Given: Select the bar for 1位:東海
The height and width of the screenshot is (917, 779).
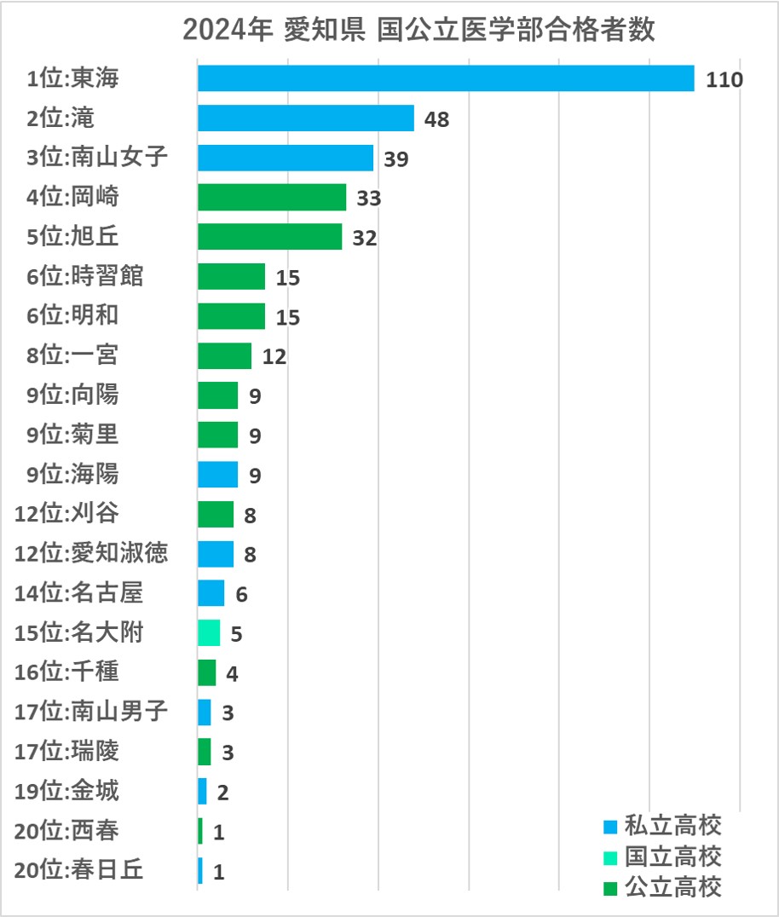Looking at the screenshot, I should [x=446, y=78].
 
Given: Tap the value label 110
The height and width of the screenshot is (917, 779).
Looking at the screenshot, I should [x=725, y=79].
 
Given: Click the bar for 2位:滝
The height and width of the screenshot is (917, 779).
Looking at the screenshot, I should [x=305, y=118].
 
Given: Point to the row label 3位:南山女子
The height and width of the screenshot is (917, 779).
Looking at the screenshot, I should [x=97, y=158].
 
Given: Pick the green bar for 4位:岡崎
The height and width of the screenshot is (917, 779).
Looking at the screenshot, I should [x=272, y=198].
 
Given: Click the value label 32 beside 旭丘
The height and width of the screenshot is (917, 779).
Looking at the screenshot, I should [x=364, y=238].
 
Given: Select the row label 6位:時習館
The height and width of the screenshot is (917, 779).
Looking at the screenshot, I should [x=85, y=277].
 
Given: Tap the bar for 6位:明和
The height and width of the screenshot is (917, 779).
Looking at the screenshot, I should [x=231, y=316].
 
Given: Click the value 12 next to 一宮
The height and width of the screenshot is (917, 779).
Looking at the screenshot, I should [x=274, y=356].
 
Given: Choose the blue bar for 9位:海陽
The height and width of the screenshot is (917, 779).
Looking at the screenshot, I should [x=217, y=475].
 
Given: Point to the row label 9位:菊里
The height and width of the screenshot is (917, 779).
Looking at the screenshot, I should [x=72, y=435].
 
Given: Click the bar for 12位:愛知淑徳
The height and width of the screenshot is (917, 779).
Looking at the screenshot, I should [x=216, y=554].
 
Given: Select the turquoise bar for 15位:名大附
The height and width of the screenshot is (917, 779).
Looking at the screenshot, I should [x=209, y=633].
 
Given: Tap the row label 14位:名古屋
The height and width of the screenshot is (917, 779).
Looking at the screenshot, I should [x=79, y=593].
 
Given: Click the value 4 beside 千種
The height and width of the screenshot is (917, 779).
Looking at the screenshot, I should [x=232, y=673].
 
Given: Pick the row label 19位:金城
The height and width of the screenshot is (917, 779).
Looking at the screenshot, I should [x=67, y=791].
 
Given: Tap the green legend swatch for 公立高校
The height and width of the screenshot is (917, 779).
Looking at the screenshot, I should [x=609, y=888].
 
